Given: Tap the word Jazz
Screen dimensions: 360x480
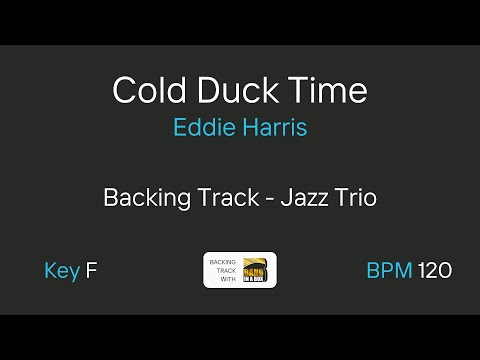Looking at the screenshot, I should tap(305, 197).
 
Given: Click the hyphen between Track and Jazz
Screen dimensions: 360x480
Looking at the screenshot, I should tap(270, 198).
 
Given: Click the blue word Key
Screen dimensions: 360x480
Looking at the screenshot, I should tap(62, 270).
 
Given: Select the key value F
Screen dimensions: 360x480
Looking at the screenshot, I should tap(91, 270).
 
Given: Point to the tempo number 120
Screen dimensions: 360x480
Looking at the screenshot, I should tap(435, 270).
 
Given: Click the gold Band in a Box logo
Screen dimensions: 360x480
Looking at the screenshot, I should tap(258, 270).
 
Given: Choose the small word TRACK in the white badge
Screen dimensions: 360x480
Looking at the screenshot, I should tap(221, 270).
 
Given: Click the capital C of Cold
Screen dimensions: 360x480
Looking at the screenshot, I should tap(124, 91).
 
